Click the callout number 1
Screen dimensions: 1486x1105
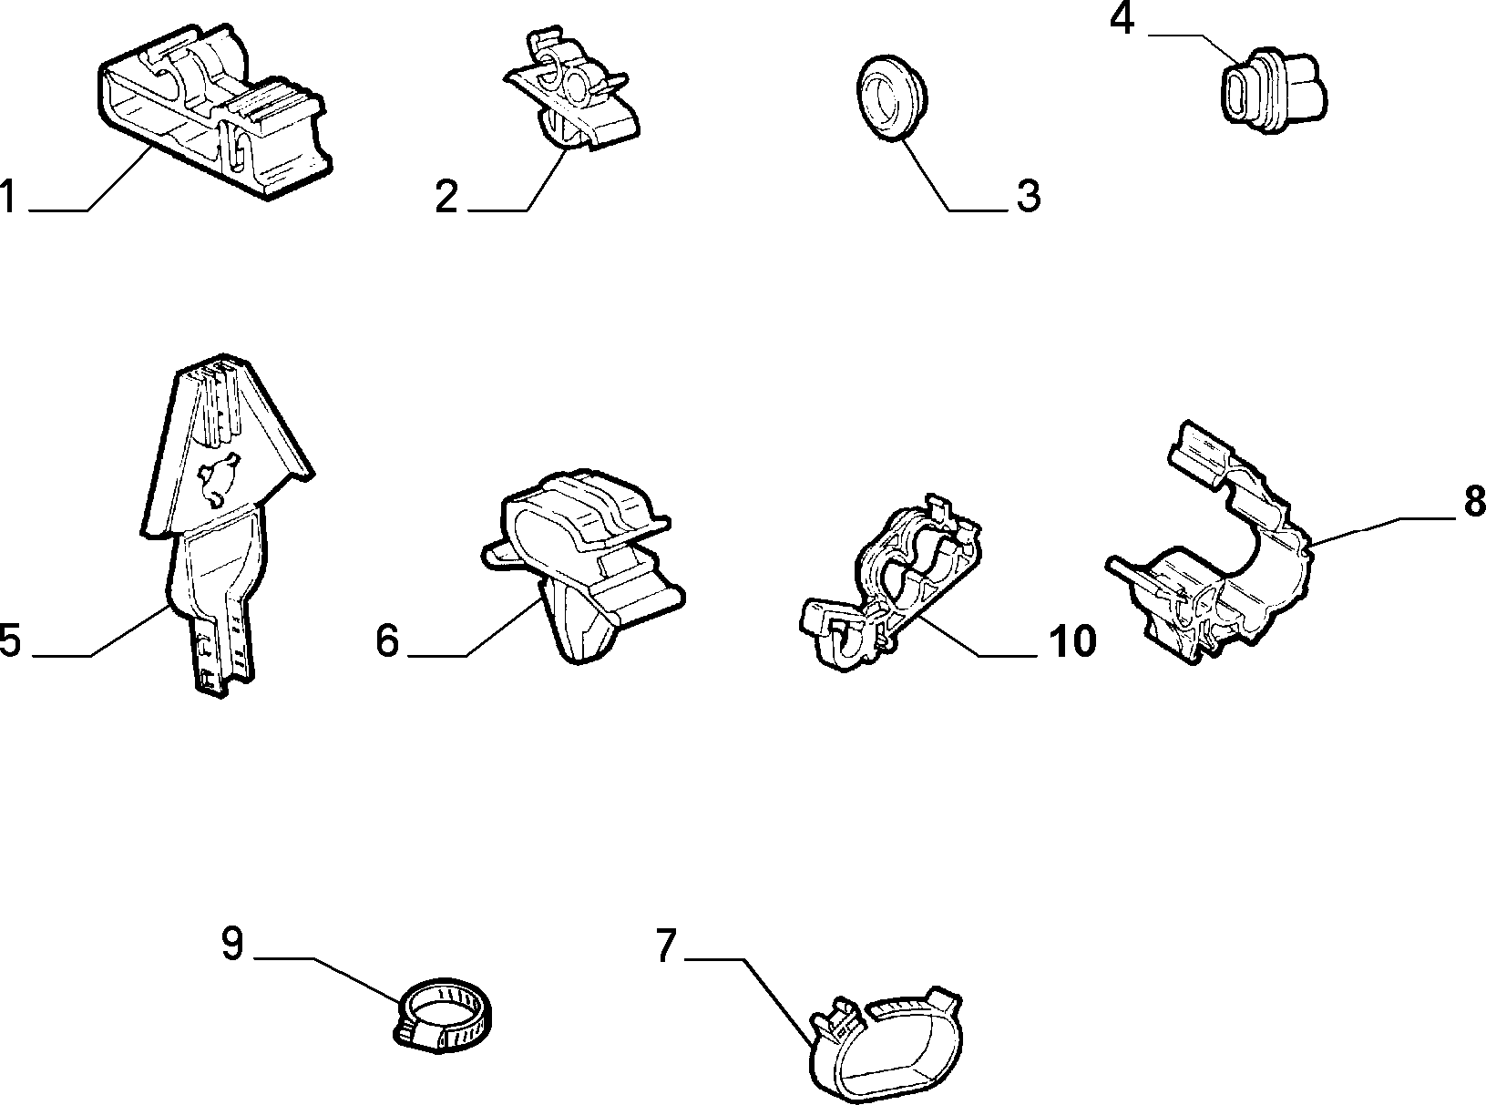(x=8, y=196)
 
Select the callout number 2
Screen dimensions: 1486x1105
(x=446, y=197)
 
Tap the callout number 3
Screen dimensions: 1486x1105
(x=1029, y=197)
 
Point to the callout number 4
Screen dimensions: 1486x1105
(x=1122, y=19)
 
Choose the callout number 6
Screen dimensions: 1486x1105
(x=387, y=640)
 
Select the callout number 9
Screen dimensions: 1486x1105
(x=232, y=944)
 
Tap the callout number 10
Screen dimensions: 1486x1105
(x=1072, y=640)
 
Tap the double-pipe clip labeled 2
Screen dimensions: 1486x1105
(x=571, y=97)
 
